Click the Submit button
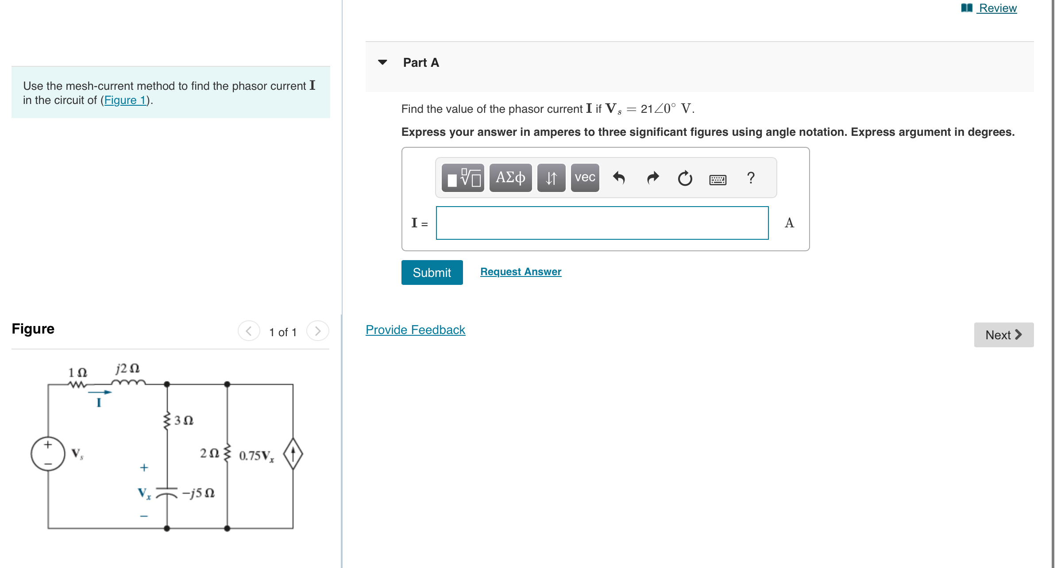[x=432, y=272]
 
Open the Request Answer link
[x=521, y=272]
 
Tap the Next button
[x=1003, y=335]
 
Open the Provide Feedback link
[x=415, y=330]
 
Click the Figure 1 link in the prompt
[x=125, y=100]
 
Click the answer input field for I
[x=602, y=223]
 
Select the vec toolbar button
[x=585, y=178]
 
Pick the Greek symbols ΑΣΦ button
[x=510, y=178]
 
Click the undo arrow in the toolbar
[x=619, y=178]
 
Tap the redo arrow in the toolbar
[x=652, y=178]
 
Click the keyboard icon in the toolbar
[x=718, y=179]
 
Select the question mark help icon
[x=751, y=178]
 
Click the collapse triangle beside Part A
[x=383, y=62]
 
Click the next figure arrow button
[x=317, y=331]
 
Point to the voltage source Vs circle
[x=48, y=453]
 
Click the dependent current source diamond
[x=293, y=454]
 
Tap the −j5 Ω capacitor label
[x=198, y=493]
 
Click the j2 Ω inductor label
[x=127, y=368]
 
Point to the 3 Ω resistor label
[x=183, y=420]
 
